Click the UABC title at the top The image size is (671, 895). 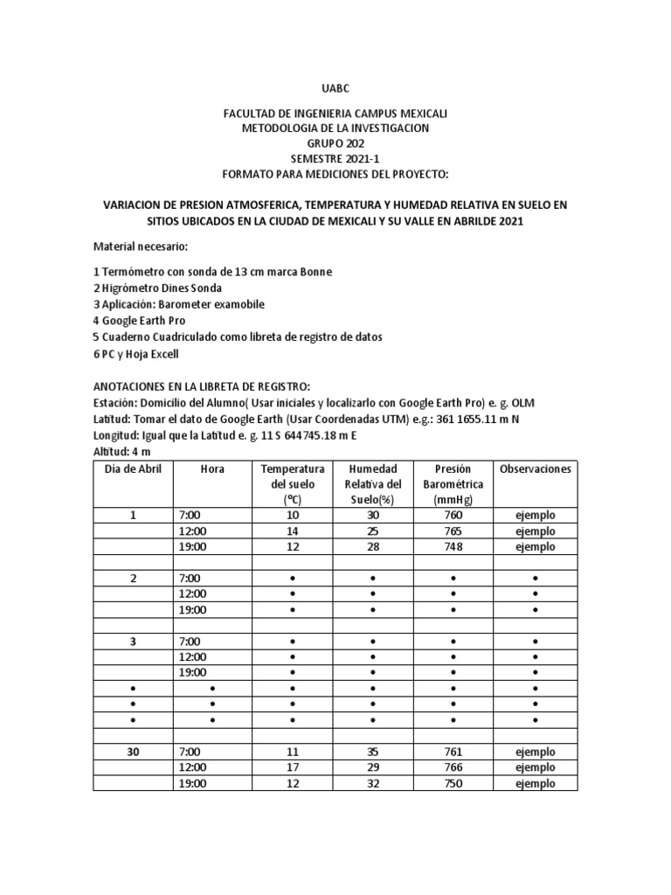click(x=335, y=89)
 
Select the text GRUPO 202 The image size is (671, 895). click(x=335, y=143)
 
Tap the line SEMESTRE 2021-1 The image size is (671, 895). click(x=335, y=158)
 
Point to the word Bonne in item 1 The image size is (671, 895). click(x=315, y=272)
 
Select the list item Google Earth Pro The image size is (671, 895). click(x=140, y=321)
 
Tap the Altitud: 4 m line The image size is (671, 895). click(x=122, y=451)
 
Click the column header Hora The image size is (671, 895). click(x=212, y=469)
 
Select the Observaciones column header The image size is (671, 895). click(x=535, y=469)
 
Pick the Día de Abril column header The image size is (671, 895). click(x=133, y=469)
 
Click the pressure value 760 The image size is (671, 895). click(x=453, y=516)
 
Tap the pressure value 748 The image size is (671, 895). click(x=453, y=547)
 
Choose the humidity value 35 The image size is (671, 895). click(x=372, y=752)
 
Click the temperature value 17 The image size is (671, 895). click(x=292, y=767)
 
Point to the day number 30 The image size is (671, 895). click(x=133, y=752)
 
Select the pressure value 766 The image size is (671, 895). click(x=453, y=767)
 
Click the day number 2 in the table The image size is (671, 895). click(x=133, y=579)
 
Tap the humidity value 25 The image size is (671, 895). click(x=372, y=531)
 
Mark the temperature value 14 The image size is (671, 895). click(x=292, y=531)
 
